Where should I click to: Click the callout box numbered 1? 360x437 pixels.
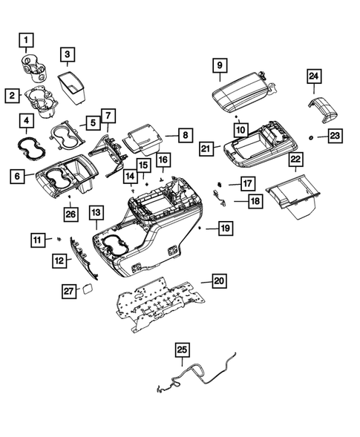coord(27,39)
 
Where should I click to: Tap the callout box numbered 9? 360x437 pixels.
coord(220,66)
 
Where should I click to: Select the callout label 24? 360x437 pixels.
coord(314,76)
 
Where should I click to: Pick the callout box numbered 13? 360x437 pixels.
coord(96,214)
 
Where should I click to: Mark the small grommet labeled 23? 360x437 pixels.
coord(310,137)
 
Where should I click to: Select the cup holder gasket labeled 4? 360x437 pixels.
coord(27,141)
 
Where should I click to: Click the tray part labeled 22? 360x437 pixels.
coord(293,197)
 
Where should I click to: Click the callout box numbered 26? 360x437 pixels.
coord(70,215)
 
